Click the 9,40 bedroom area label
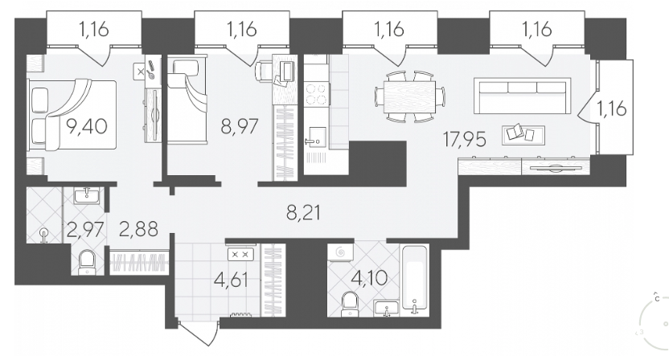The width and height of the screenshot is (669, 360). click(x=87, y=126)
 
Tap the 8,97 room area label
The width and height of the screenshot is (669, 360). click(x=240, y=126)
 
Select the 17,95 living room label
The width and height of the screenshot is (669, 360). click(x=465, y=139)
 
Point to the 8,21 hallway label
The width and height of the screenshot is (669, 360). click(x=303, y=212)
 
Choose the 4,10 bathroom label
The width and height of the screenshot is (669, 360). click(x=370, y=278)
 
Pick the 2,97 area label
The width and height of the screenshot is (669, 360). click(x=85, y=230)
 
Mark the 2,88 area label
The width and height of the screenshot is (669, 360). click(x=138, y=229)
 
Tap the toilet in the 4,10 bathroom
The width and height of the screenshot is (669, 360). click(x=350, y=305)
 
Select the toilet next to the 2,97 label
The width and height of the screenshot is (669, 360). click(x=88, y=262)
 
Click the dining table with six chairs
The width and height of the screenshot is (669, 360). click(x=409, y=97)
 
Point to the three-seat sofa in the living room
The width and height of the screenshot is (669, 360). click(x=522, y=96)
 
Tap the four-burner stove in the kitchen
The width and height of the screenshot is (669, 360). click(x=316, y=94)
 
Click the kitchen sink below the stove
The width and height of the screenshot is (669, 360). click(x=316, y=137)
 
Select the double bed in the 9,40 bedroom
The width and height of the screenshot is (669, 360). click(x=72, y=114)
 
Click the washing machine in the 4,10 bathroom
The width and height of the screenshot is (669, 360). click(x=340, y=252)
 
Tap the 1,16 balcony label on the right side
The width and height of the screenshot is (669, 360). click(x=611, y=109)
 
